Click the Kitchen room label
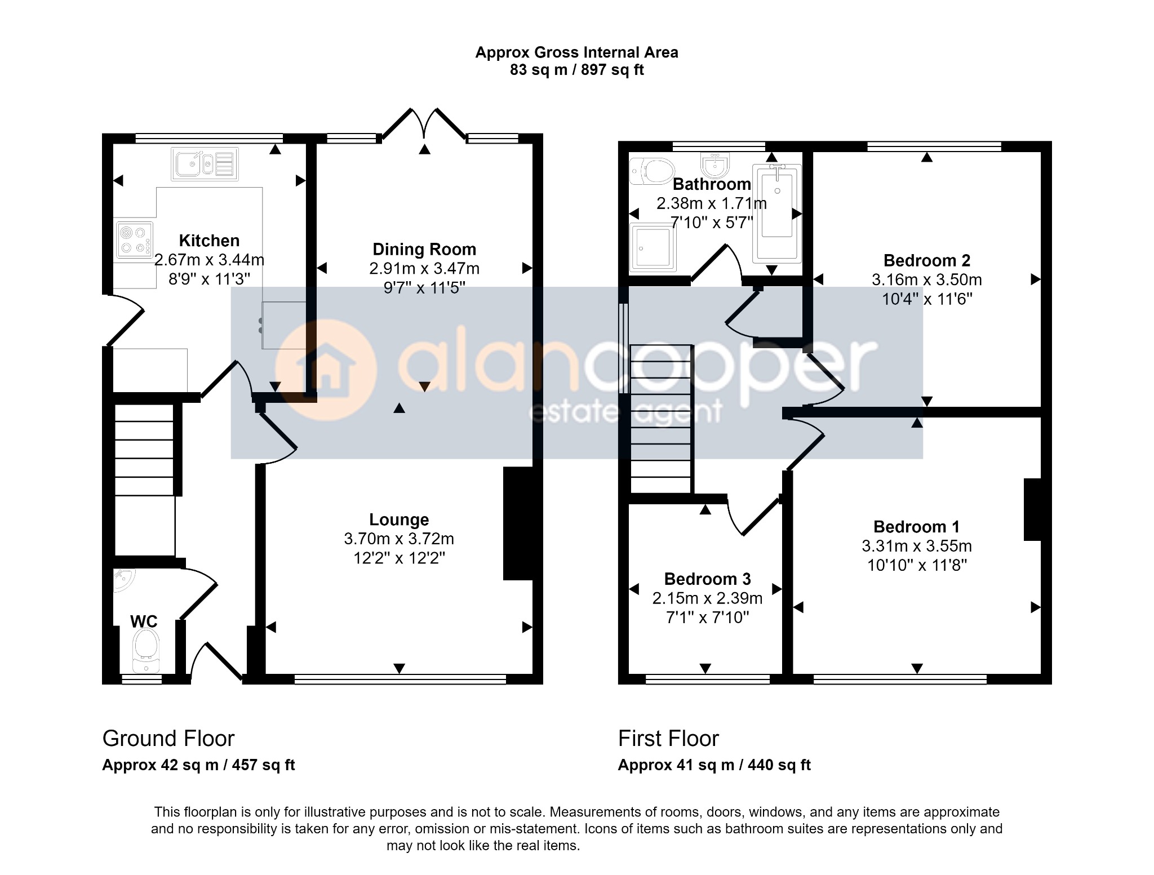209,241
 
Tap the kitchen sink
205,164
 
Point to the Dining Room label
424,249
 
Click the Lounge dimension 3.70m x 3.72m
399,539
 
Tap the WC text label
144,621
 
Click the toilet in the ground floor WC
146,651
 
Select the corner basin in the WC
123,581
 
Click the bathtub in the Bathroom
777,214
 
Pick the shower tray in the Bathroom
653,247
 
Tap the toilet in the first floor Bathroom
652,171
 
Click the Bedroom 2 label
927,260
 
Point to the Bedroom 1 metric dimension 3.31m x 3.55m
917,546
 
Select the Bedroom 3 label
707,579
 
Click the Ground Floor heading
168,738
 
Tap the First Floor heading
669,738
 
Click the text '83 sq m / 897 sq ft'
577,70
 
